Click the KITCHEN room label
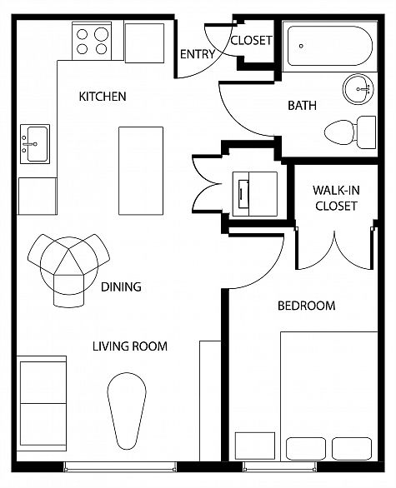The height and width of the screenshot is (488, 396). tap(103, 97)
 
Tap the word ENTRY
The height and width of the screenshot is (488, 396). tap(198, 54)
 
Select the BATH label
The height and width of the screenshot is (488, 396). tap(302, 106)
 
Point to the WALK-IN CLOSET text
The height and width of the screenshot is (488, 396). tap(336, 198)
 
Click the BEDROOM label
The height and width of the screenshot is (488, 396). tap(306, 306)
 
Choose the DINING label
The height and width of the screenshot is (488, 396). tap(121, 286)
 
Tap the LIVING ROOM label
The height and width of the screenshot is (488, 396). tap(130, 346)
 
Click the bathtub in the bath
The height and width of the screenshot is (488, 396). tap(329, 46)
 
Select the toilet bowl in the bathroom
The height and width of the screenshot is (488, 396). tap(340, 132)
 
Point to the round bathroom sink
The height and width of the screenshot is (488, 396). tap(358, 89)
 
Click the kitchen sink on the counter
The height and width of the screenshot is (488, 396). tap(35, 144)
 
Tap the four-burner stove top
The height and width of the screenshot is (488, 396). tap(92, 41)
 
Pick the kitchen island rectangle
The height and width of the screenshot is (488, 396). tap(141, 171)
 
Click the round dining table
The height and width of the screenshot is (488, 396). tap(69, 266)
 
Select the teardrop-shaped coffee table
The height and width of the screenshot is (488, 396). tap(127, 411)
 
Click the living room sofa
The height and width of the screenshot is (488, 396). tap(42, 403)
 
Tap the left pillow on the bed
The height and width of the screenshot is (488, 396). tap(306, 449)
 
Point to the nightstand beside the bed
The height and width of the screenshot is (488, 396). tap(255, 446)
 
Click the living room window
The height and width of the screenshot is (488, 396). tap(120, 467)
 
